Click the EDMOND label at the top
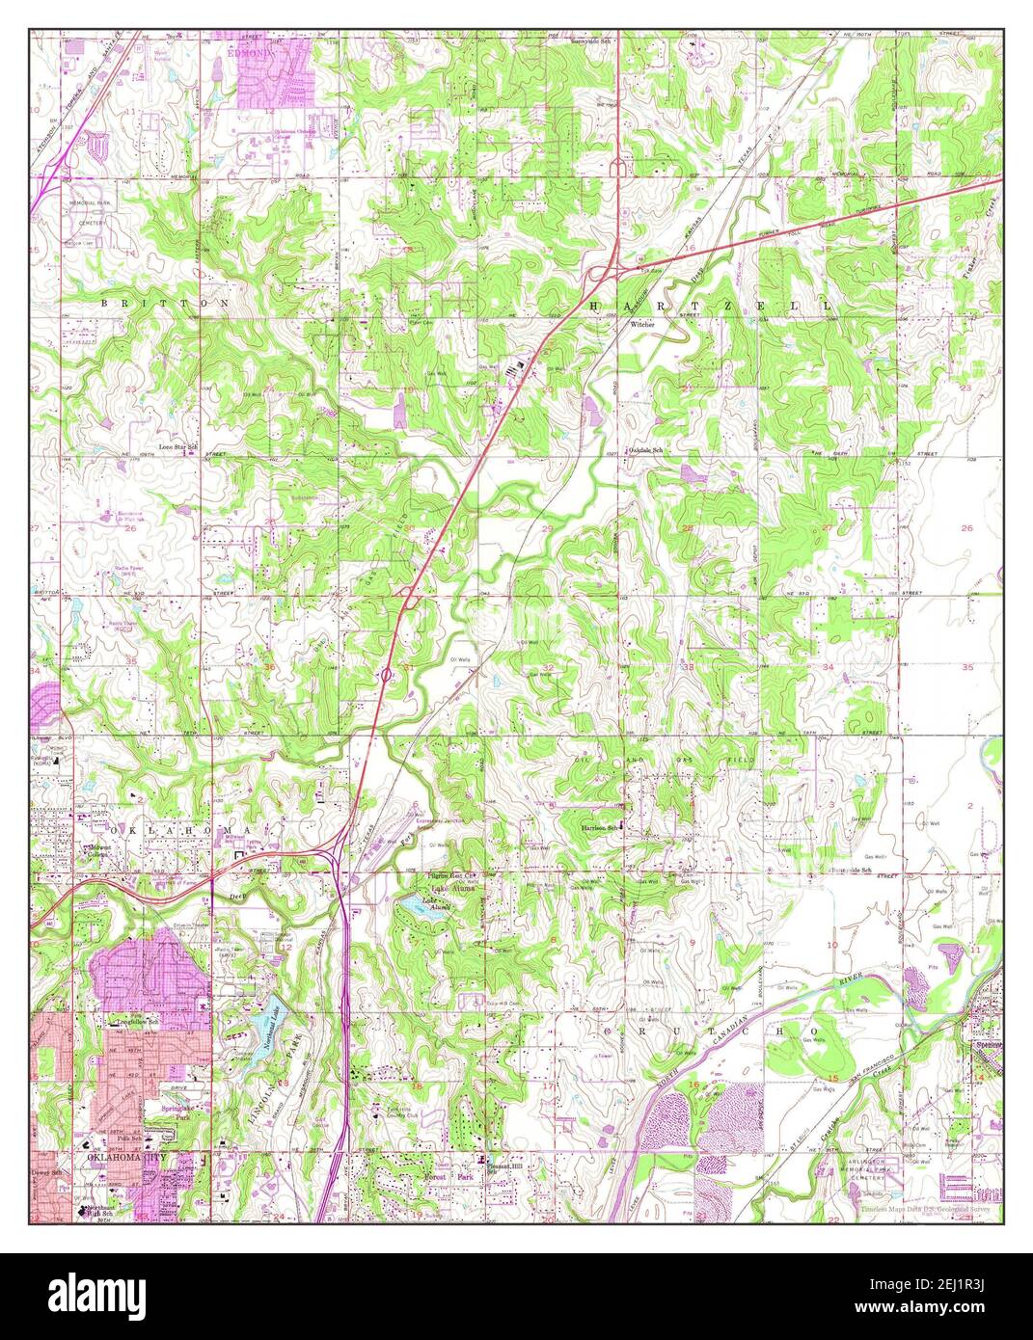point(250,54)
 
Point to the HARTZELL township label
point(708,305)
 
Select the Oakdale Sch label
point(647,450)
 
